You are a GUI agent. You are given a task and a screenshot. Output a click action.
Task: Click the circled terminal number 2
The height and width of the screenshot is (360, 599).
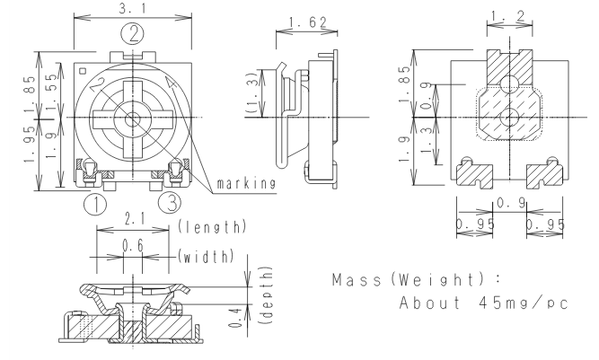(x=133, y=35)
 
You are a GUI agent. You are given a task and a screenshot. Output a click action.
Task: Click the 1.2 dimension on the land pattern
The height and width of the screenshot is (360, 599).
(x=507, y=16)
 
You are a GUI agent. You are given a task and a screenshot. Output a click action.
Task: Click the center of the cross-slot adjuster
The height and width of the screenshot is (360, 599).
(x=133, y=119)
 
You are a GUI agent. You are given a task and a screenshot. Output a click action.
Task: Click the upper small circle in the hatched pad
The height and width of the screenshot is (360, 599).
(x=507, y=84)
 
